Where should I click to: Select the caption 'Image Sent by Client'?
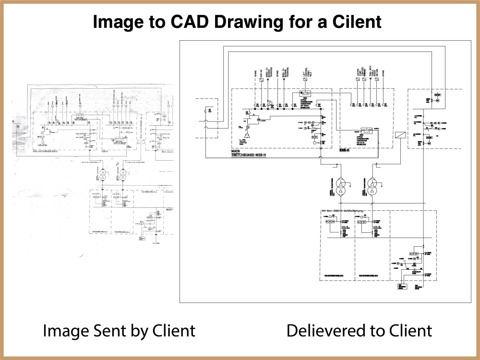coord(119,330)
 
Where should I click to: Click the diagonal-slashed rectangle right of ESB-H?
coord(400,136)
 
